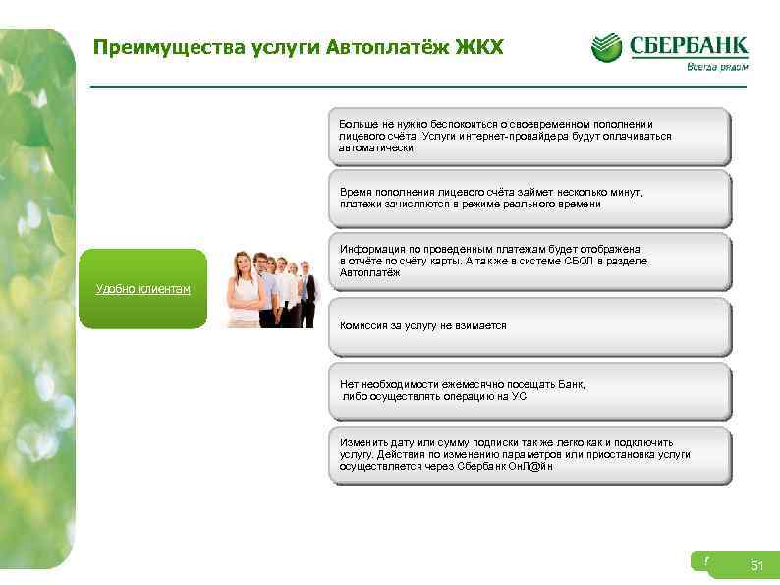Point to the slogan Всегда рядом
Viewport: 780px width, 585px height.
click(x=716, y=68)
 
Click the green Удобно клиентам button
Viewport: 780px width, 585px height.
click(x=142, y=288)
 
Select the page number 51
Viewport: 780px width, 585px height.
click(x=756, y=565)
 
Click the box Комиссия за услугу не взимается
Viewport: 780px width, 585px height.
click(x=423, y=325)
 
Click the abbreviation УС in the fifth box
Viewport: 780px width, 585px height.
click(x=519, y=397)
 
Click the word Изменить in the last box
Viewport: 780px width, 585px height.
click(x=361, y=443)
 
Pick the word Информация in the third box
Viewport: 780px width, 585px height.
click(x=369, y=249)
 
